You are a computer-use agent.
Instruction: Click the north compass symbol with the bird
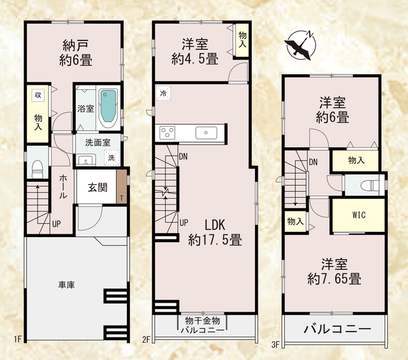click(x=300, y=45)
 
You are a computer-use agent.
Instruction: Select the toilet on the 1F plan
click(x=38, y=168)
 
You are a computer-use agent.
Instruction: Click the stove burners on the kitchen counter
click(x=167, y=133)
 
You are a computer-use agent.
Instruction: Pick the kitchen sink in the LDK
click(x=206, y=133)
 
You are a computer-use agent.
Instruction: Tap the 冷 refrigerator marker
click(x=163, y=93)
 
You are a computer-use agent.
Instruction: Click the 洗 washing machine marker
click(x=112, y=157)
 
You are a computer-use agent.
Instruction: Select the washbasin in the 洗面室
click(x=86, y=159)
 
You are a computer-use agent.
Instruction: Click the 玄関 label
click(x=98, y=187)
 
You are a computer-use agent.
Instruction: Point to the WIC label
click(x=359, y=215)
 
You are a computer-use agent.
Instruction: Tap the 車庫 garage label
click(x=66, y=285)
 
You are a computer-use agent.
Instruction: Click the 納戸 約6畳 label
click(x=75, y=53)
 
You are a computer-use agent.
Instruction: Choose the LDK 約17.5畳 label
click(x=215, y=233)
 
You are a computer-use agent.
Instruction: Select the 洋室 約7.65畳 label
click(x=334, y=271)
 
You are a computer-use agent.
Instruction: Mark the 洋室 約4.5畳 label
click(x=195, y=51)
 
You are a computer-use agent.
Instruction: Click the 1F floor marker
click(x=18, y=339)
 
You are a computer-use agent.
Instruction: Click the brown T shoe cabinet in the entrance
click(x=122, y=186)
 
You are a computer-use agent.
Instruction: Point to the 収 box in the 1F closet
click(x=38, y=95)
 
